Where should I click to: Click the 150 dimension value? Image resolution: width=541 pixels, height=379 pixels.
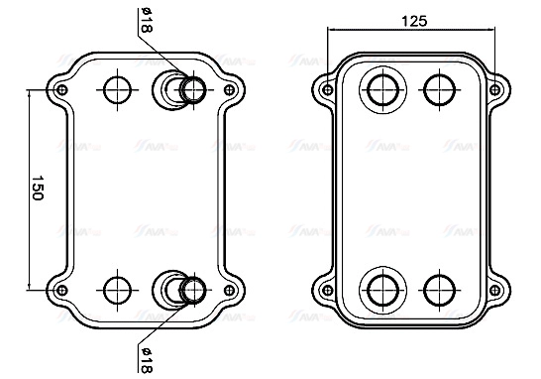(x=37, y=190)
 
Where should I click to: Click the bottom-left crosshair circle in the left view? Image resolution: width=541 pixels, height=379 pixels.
(x=118, y=290)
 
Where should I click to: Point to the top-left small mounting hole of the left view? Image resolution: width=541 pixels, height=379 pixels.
(x=62, y=91)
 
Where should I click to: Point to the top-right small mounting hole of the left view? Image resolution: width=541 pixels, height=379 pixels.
(x=231, y=91)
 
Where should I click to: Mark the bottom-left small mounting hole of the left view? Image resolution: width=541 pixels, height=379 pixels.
(x=62, y=290)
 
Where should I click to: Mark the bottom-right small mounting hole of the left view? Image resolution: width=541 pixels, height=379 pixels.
(x=231, y=290)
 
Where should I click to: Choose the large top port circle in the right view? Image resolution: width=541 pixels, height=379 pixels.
(x=380, y=89)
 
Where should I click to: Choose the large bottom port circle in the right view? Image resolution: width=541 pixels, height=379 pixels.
(x=380, y=290)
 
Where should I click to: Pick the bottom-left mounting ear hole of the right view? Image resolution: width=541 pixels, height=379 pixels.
(x=326, y=290)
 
